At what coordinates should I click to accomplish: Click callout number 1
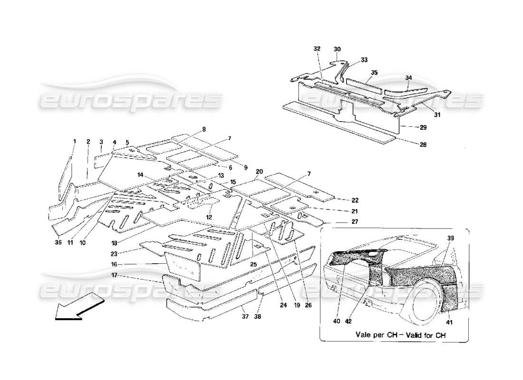tap(75, 141)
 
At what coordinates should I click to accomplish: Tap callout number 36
tap(58, 243)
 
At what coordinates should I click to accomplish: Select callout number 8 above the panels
tap(203, 129)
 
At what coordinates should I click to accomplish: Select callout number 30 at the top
tap(337, 49)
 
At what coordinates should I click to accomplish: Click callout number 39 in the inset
tap(450, 237)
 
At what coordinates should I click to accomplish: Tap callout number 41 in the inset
tap(450, 323)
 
